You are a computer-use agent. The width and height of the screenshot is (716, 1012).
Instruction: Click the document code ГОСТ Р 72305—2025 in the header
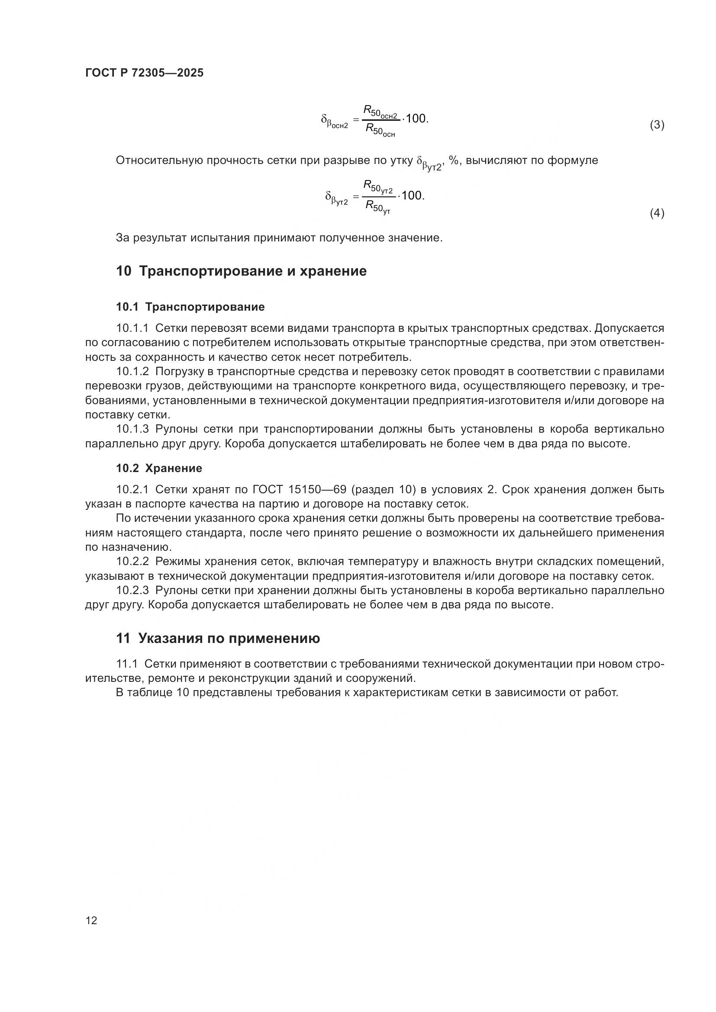pos(144,73)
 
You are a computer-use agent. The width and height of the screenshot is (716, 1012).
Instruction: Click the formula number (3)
pos(657,125)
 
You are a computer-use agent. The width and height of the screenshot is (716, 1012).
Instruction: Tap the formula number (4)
pos(657,213)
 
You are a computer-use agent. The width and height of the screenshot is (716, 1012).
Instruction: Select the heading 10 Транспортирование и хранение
pos(241,271)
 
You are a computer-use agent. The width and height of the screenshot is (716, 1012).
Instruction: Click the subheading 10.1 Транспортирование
pos(190,307)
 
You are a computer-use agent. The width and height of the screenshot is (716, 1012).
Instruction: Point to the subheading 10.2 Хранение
pos(159,468)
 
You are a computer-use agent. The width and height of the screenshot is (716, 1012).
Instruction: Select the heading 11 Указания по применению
pos(218,638)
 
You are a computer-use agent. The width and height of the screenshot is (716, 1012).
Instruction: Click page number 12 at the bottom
pos(91,920)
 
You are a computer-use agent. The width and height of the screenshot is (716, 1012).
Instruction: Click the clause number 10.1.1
pos(132,328)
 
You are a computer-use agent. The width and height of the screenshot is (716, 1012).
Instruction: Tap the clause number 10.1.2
pos(132,372)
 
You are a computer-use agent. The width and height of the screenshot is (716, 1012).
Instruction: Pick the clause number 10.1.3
pos(132,429)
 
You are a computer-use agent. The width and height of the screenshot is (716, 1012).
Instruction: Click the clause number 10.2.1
pos(132,490)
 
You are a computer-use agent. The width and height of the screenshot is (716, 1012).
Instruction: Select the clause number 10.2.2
pos(132,562)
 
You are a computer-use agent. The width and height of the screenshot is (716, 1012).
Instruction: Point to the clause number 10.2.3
pos(132,590)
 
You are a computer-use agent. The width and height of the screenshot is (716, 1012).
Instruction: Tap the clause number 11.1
pos(127,664)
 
